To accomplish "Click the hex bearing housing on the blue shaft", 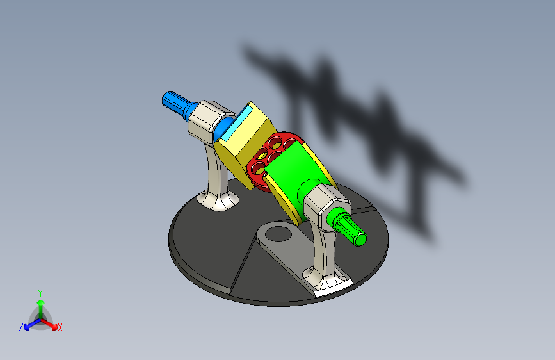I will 206,120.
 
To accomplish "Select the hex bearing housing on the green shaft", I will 326,204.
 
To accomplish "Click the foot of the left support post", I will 218,202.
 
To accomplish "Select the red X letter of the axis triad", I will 60,327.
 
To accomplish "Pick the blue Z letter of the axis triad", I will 21,327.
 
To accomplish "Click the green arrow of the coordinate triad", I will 40,304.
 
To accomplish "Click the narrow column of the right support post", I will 322,250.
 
